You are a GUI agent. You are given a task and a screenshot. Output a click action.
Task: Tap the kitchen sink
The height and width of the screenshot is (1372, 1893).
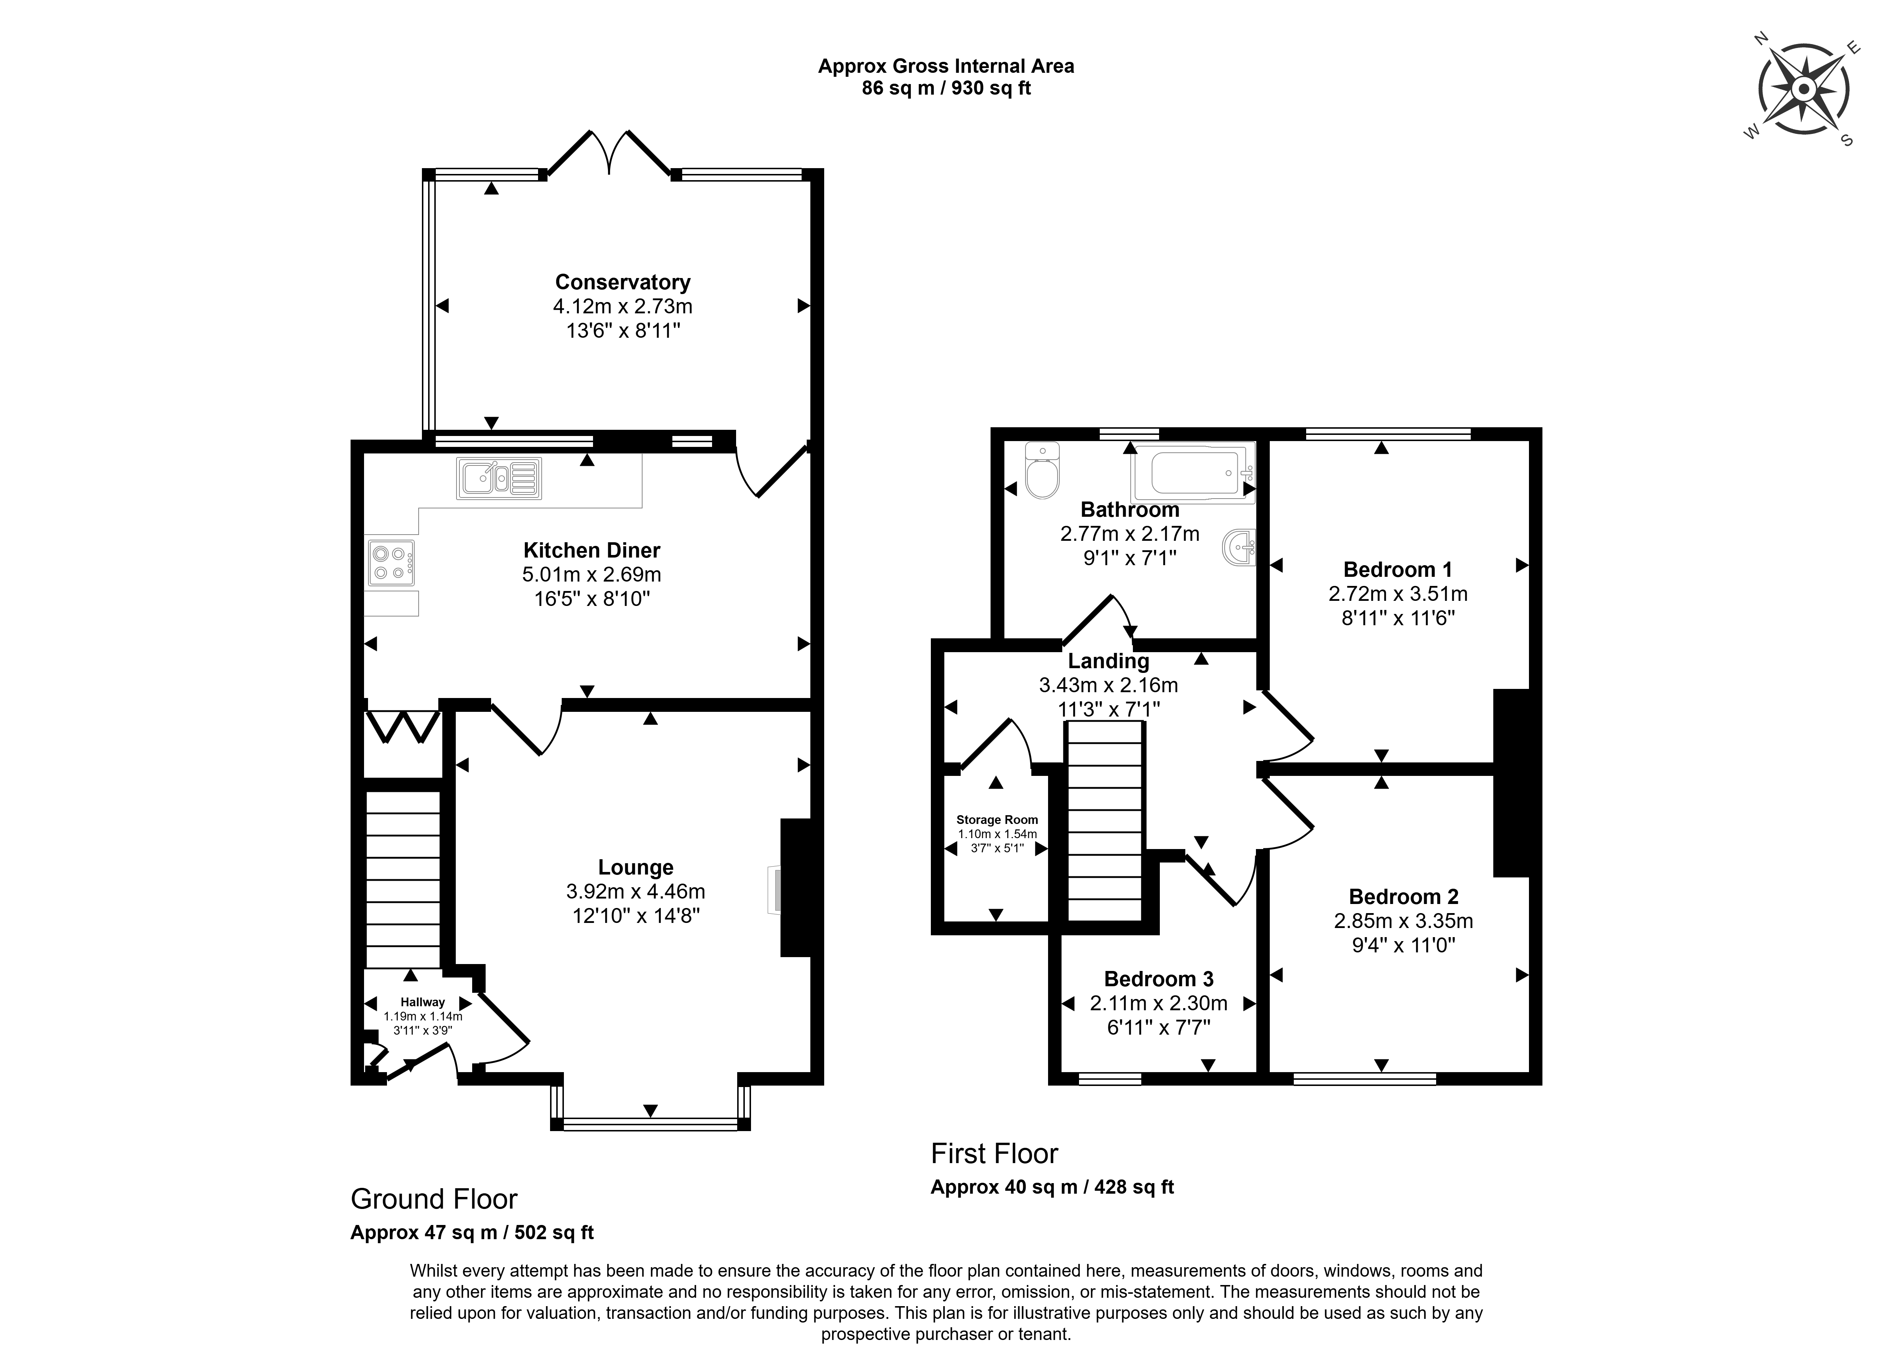498,479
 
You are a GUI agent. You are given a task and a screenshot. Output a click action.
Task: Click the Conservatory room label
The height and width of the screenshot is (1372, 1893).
623,282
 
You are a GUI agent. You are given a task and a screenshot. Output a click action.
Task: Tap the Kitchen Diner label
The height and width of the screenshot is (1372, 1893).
592,550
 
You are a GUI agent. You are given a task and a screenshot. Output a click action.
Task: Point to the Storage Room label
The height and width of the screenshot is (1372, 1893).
997,820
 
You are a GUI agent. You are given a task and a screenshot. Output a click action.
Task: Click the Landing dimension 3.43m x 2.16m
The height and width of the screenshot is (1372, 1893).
1108,685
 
